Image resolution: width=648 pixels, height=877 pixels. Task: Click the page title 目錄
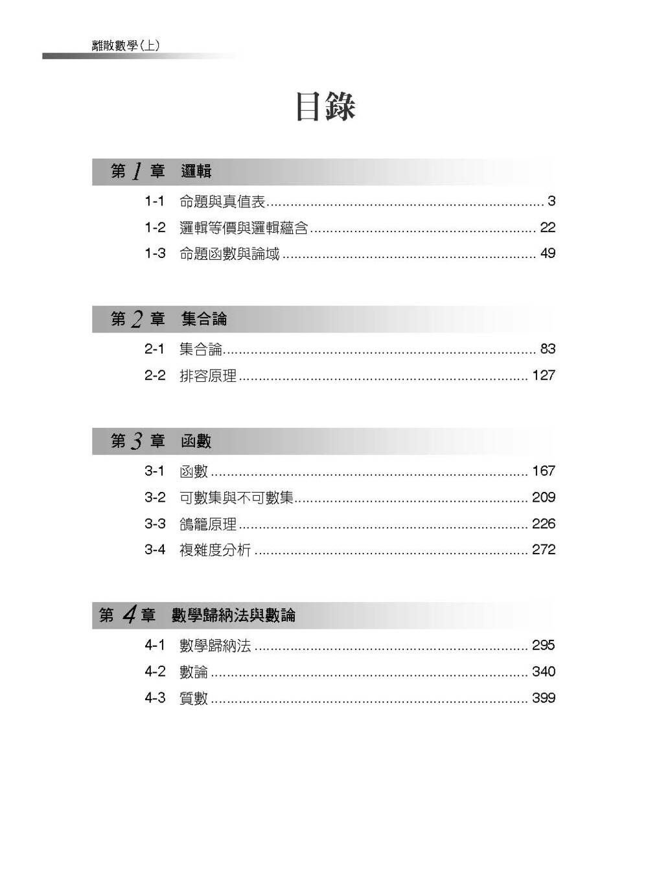(x=325, y=107)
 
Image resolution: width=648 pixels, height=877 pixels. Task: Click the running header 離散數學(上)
(x=126, y=45)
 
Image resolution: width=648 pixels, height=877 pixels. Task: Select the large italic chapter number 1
(x=137, y=171)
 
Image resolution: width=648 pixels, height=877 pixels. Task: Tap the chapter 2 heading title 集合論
(x=204, y=319)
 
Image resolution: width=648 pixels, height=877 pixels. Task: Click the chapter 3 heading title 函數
(x=196, y=441)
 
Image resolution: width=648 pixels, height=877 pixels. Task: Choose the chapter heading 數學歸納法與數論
(x=233, y=615)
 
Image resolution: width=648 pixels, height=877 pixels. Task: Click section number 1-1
(x=155, y=202)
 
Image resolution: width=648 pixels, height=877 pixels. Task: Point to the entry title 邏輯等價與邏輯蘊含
(x=243, y=228)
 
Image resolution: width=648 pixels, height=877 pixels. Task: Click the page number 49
(x=548, y=253)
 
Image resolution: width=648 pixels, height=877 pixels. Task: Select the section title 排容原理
(x=207, y=375)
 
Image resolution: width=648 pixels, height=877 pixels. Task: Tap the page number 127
(x=544, y=375)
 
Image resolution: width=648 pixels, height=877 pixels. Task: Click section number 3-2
(x=155, y=497)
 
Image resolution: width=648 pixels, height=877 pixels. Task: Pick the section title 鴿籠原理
(x=207, y=524)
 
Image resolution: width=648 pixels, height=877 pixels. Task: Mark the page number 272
(x=544, y=550)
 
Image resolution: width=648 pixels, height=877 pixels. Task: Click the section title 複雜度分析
(x=214, y=550)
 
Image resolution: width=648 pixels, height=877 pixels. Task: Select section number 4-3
(x=155, y=698)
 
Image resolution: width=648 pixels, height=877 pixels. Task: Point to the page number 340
(x=544, y=672)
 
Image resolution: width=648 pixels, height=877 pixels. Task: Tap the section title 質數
(x=193, y=698)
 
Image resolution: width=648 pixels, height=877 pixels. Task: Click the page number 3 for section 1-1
(x=551, y=202)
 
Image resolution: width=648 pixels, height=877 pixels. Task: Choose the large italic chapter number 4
(x=129, y=614)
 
